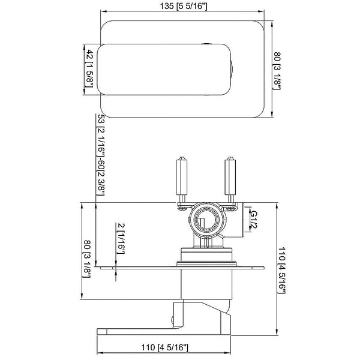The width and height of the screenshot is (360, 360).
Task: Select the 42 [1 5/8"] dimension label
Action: click(x=88, y=69)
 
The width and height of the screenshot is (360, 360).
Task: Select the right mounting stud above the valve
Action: click(x=229, y=177)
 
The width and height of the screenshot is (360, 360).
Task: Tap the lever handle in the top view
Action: click(x=165, y=70)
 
